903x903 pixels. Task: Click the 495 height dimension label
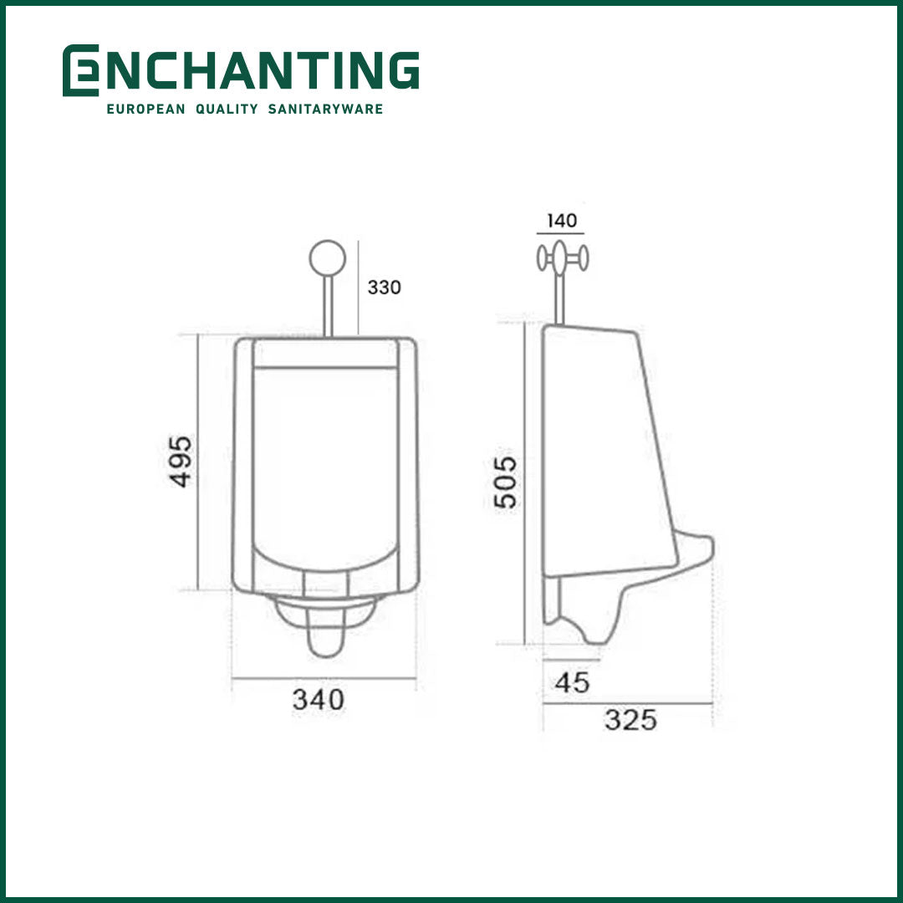coord(181,461)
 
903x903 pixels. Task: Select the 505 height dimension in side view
coord(506,482)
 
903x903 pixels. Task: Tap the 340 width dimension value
coord(318,699)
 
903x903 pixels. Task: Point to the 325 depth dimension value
coord(630,719)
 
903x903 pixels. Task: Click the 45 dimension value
coord(573,682)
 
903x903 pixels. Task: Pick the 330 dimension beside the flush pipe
coord(384,288)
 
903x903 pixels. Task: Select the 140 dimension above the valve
coord(562,221)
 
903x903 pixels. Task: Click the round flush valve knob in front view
coord(327,258)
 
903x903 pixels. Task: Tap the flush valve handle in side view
coord(563,258)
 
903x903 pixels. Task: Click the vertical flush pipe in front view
coord(328,305)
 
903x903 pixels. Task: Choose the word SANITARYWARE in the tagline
coord(325,110)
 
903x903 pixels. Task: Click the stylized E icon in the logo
coord(80,71)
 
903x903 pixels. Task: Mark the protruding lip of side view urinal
coord(699,548)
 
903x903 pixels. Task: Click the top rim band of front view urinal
coord(324,354)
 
